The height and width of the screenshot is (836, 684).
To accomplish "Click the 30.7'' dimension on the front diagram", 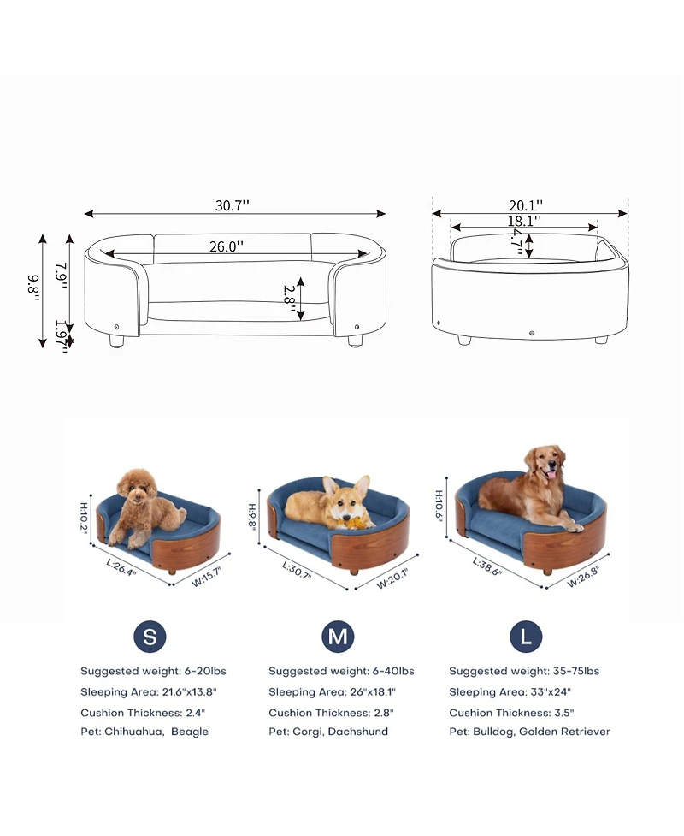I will pyautogui.click(x=232, y=205).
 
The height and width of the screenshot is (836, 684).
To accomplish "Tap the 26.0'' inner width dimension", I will pyautogui.click(x=227, y=246).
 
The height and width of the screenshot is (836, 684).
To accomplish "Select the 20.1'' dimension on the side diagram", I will pyautogui.click(x=526, y=205).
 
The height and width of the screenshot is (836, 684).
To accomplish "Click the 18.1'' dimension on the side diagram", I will pyautogui.click(x=523, y=221).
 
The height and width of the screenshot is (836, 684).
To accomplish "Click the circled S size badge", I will pyautogui.click(x=150, y=637).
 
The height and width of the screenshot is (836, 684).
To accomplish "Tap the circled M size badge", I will pyautogui.click(x=338, y=637).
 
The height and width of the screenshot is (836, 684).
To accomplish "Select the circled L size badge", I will pyautogui.click(x=526, y=637).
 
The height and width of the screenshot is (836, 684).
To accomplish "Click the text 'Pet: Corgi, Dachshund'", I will pyautogui.click(x=328, y=732).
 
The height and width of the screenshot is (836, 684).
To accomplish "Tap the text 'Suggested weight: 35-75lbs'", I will pyautogui.click(x=524, y=671).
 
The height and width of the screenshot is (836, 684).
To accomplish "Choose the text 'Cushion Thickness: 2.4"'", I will pyautogui.click(x=143, y=712).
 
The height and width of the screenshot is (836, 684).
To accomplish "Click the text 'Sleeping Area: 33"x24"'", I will pyautogui.click(x=510, y=691).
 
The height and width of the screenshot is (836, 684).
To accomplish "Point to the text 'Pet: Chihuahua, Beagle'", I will pyautogui.click(x=144, y=732).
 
